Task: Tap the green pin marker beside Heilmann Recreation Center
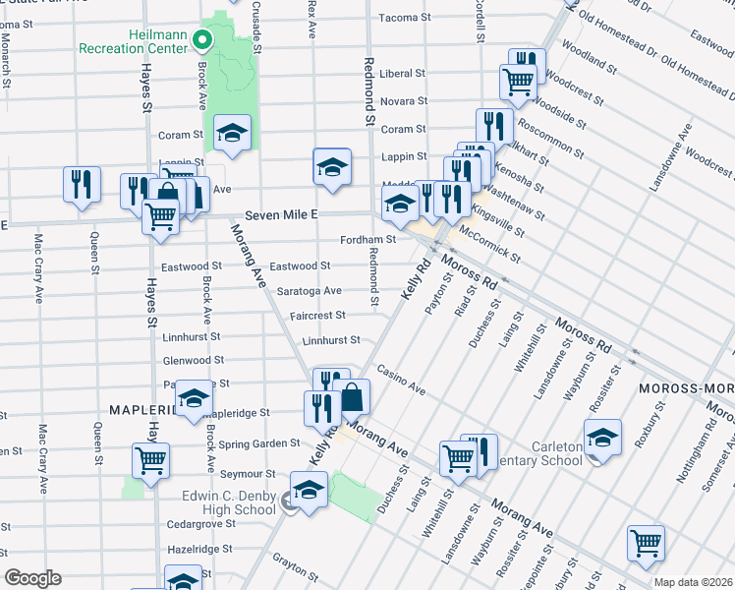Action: [x=202, y=40]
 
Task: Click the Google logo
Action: [x=32, y=578]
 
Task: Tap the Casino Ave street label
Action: [x=405, y=384]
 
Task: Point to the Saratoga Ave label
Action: [x=309, y=291]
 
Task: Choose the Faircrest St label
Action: [x=318, y=316]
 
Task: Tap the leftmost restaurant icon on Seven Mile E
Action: [x=82, y=184]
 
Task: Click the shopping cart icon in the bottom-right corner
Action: [x=646, y=542]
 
